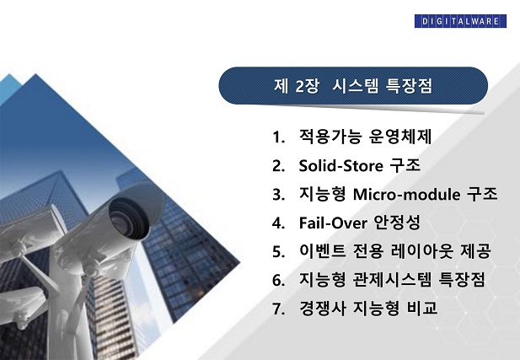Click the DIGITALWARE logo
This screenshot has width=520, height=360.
[x=460, y=21]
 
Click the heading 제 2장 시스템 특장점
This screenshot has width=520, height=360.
[x=353, y=86]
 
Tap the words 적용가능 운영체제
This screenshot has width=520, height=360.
[x=365, y=137]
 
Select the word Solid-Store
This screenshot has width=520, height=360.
[x=341, y=165]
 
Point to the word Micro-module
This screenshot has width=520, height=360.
[x=406, y=194]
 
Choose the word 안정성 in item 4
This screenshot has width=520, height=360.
[x=397, y=223]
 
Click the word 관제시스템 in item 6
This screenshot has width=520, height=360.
[x=393, y=279]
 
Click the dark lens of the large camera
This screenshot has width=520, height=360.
[x=127, y=218]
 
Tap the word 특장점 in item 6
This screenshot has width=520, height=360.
[x=462, y=279]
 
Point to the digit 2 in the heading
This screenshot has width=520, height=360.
[x=300, y=87]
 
